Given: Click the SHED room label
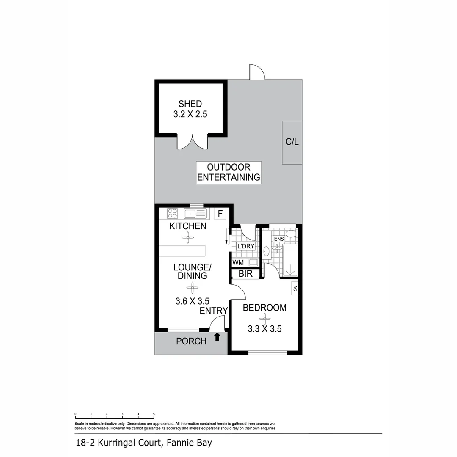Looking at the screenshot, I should click(x=190, y=104).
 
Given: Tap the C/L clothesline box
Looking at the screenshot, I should click(x=292, y=142).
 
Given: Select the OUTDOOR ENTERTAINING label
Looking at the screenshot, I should click(x=228, y=172).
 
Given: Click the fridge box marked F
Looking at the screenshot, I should click(x=220, y=214).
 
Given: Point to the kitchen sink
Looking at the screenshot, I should click(x=195, y=213).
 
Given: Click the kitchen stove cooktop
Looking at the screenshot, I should click(x=172, y=213).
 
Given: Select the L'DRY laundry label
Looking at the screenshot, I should click(x=245, y=246).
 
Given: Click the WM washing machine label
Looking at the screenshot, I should click(x=238, y=262).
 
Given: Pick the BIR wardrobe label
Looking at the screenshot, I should click(x=245, y=274).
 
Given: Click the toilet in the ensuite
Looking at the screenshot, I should click(x=290, y=233).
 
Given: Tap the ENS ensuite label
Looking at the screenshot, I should click(x=278, y=239).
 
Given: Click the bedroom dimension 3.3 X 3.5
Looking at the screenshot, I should click(x=264, y=328).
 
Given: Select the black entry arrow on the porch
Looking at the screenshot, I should click(x=217, y=337).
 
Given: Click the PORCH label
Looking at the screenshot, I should click(x=191, y=341).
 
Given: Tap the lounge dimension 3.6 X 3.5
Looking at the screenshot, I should click(x=192, y=302).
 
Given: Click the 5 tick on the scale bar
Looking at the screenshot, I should click(x=154, y=414).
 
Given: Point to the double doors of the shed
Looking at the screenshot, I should click(x=192, y=141).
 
